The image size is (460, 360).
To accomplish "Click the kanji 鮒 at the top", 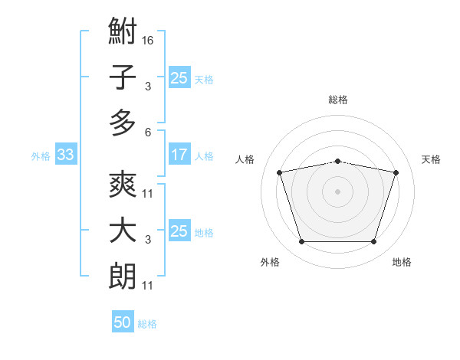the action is tap(123, 31).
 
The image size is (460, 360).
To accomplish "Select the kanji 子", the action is tap(123, 77).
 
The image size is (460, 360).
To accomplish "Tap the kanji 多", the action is tap(123, 123).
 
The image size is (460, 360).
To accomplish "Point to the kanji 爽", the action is tap(123, 184).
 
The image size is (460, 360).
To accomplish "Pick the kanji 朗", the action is tap(123, 276).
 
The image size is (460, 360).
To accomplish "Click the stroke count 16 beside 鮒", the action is tap(147, 41).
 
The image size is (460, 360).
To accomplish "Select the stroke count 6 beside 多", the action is tap(148, 133).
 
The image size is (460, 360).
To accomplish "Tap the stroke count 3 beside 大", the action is tap(148, 240).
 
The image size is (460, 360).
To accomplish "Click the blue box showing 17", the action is tap(179, 154).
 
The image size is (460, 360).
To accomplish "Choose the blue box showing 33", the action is tap(66, 154).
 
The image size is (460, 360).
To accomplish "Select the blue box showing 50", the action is tap(123, 321).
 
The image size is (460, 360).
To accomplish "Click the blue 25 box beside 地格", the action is tap(179, 230).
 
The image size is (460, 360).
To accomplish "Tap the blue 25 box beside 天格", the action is tap(179, 77).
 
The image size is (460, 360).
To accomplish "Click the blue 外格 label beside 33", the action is tap(41, 156).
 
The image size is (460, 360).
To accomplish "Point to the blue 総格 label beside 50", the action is tap(147, 324).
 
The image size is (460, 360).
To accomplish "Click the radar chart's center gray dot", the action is tap(337, 191).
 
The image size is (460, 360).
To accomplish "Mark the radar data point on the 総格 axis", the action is tap(337, 162).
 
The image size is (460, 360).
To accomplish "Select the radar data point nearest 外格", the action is tap(301, 241).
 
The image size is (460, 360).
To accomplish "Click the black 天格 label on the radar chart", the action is tap(431, 160).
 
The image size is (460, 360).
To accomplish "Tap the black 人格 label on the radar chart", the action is tap(245, 160).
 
